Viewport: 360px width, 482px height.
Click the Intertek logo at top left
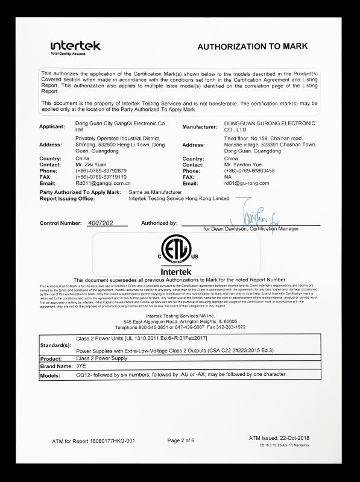[75, 47]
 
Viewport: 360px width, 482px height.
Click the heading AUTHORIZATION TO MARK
[253, 46]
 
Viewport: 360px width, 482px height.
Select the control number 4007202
[100, 223]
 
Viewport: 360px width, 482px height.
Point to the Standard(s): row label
[55, 346]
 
